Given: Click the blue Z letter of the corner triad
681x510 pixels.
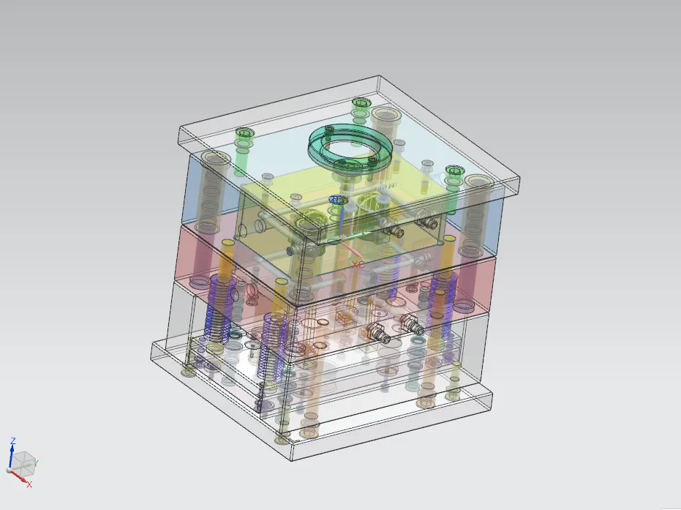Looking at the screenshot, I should tap(12, 441).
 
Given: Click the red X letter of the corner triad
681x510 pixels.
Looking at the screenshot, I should tap(29, 484).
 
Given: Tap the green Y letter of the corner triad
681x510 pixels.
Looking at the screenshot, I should tap(37, 462).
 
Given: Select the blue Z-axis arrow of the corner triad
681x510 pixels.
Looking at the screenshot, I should tap(12, 456).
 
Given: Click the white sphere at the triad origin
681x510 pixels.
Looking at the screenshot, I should tap(10, 470).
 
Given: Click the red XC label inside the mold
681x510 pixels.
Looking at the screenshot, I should tap(358, 264).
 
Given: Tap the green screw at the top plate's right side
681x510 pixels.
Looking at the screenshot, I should tap(455, 172).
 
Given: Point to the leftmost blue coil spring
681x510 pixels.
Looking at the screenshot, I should tap(217, 307).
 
